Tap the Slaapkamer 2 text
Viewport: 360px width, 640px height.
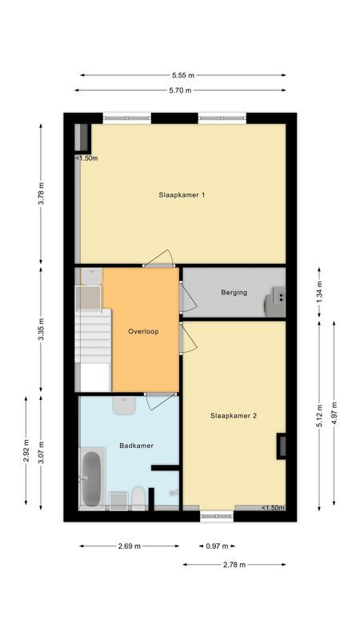234,415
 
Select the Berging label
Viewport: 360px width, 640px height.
234,292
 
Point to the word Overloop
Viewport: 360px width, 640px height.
143,331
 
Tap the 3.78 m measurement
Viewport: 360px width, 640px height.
41,195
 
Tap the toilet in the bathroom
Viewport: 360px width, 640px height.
138,498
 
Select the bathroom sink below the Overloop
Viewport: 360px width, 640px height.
124,405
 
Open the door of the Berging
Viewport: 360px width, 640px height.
188,298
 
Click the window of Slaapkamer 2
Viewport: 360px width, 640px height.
217,516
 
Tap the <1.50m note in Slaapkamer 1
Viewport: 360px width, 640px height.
86,158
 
